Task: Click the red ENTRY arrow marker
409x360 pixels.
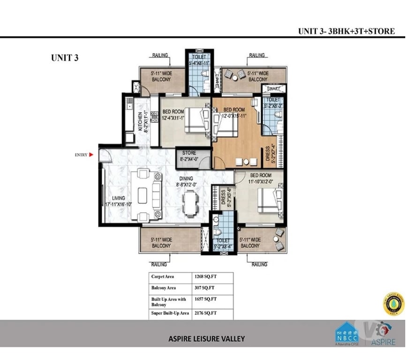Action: pyautogui.click(x=91, y=154)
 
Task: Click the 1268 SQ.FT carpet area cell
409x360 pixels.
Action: pyautogui.click(x=203, y=277)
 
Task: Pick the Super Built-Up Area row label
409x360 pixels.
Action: pyautogui.click(x=170, y=313)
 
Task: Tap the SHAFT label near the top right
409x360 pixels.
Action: pyautogui.click(x=273, y=88)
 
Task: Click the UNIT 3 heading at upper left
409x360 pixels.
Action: pyautogui.click(x=64, y=58)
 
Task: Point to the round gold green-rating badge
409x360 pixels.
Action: pyautogui.click(x=393, y=303)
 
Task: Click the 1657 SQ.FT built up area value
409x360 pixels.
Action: pyautogui.click(x=203, y=300)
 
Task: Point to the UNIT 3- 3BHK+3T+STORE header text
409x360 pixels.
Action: pyautogui.click(x=346, y=31)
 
